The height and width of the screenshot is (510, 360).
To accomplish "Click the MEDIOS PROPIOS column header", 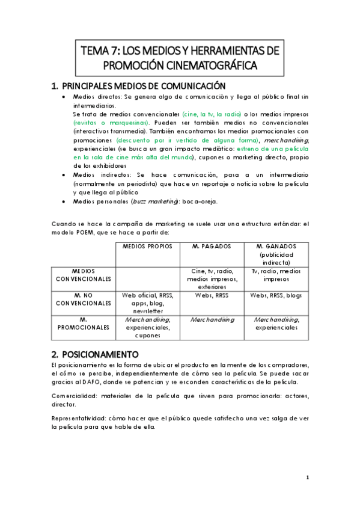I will [x=147, y=247].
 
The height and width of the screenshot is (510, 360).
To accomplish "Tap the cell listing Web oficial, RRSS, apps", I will [x=147, y=303].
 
